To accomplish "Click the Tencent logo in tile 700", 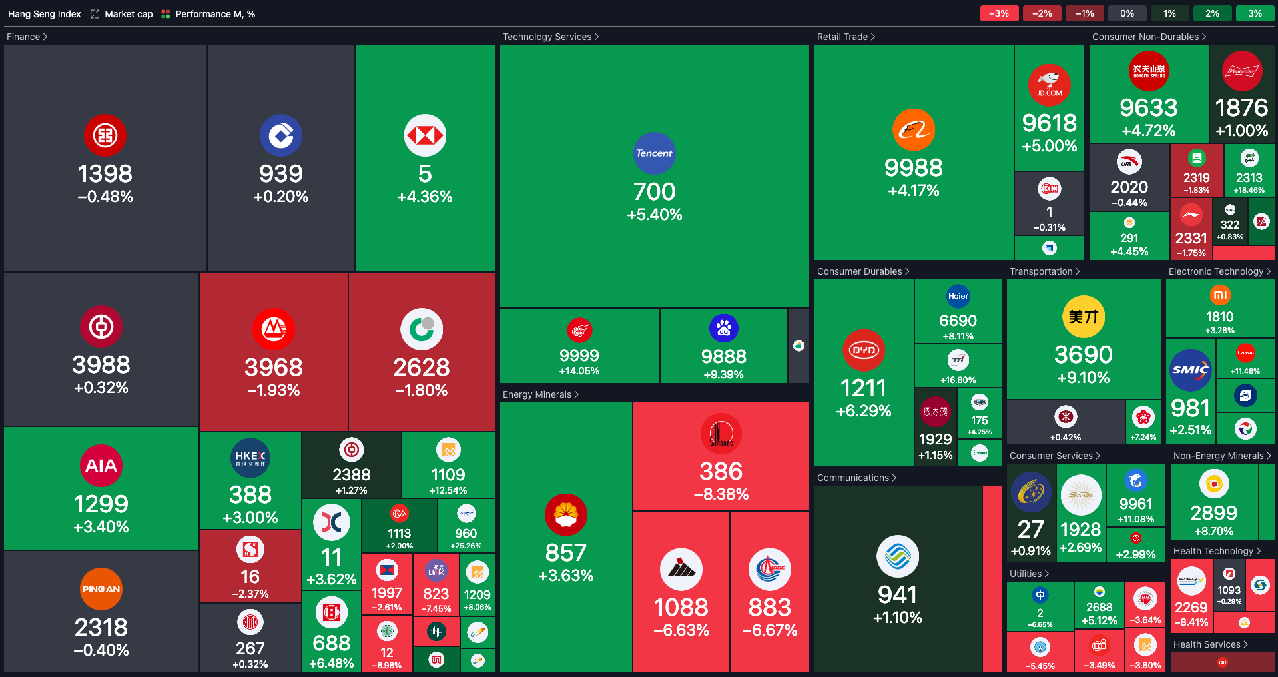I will click(654, 153).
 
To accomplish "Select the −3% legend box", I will click(999, 13).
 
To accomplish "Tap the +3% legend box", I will click(1255, 13).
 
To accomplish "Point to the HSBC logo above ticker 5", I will click(425, 136).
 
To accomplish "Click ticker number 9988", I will click(913, 167).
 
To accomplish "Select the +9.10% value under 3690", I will click(1083, 378).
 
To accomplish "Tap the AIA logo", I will click(101, 466).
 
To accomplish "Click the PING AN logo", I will click(101, 589).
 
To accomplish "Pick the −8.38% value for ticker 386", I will click(721, 494).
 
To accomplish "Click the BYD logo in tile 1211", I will click(863, 350).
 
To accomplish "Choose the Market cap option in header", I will click(129, 14).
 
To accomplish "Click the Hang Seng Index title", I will click(44, 14).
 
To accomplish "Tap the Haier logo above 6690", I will click(958, 296).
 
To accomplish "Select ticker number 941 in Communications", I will click(897, 594).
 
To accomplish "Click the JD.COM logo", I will click(1049, 85).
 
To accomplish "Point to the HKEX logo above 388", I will click(250, 458).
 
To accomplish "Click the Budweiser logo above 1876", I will click(1242, 71).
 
